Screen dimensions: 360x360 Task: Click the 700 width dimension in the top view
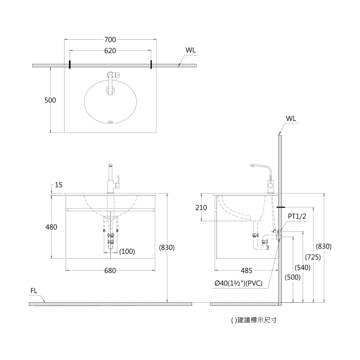(x=110, y=40)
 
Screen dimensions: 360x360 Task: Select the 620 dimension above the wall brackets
(x=110, y=51)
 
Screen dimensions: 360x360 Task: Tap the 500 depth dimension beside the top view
(x=50, y=100)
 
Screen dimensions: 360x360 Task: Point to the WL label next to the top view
(x=191, y=50)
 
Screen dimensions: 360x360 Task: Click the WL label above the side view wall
(x=291, y=119)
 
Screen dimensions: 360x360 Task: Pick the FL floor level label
(x=34, y=291)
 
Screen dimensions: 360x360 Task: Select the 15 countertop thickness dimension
(x=59, y=185)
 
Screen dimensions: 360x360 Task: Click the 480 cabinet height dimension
(x=51, y=227)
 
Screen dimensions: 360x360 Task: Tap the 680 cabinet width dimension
(x=110, y=271)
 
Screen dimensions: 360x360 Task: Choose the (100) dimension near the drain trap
(x=127, y=251)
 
